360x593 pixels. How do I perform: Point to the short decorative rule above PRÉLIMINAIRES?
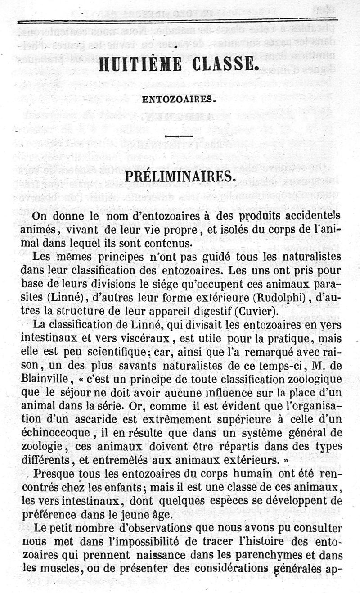point(179,136)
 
